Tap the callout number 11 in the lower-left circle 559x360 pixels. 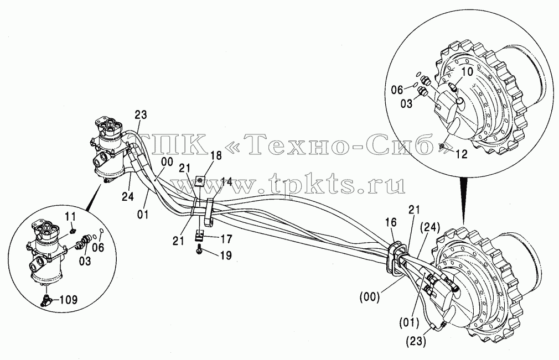tap(70, 216)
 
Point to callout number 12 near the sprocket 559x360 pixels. tap(462, 154)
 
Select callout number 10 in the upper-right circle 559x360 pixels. tap(467, 71)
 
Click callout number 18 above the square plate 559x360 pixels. tap(216, 155)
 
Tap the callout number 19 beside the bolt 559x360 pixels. tap(226, 255)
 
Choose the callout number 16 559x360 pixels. tap(391, 222)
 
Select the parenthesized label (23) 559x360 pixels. tap(415, 341)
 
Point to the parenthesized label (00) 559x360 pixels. tap(370, 297)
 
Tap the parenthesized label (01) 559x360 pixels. tap(409, 323)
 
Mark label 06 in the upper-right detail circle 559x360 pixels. tap(397, 90)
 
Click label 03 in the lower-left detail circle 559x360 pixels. tap(85, 261)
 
